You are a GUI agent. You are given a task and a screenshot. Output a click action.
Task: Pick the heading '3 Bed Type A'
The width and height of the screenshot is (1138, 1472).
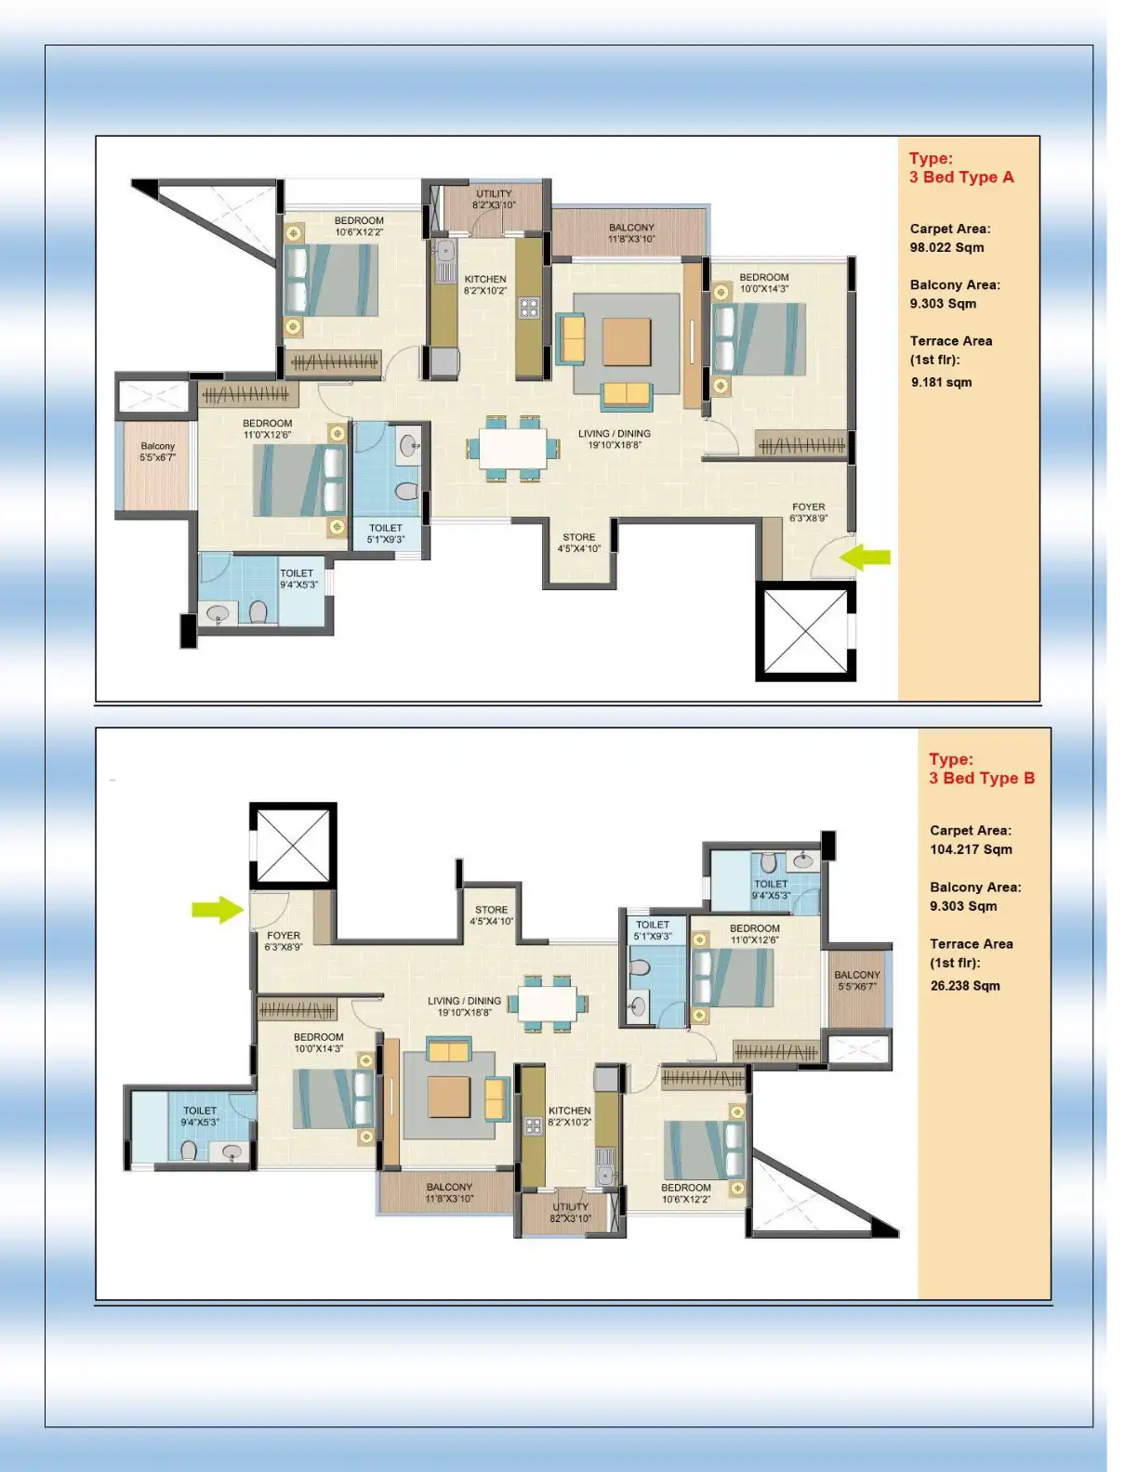click(961, 177)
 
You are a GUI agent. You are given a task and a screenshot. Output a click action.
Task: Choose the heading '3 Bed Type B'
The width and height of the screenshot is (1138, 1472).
click(981, 779)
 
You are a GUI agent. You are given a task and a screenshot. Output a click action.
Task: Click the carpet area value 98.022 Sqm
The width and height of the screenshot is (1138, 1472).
click(946, 247)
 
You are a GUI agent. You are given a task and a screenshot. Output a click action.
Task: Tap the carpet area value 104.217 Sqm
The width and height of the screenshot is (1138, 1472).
click(971, 849)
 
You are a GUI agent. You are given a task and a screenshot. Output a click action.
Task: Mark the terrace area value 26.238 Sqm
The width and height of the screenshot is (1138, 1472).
click(965, 986)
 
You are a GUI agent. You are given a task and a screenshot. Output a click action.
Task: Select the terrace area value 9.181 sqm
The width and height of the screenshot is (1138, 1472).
click(941, 382)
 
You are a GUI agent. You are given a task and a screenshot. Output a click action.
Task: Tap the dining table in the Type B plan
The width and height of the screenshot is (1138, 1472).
click(549, 1003)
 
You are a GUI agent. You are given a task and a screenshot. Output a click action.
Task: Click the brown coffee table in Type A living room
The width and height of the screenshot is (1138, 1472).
click(627, 342)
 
